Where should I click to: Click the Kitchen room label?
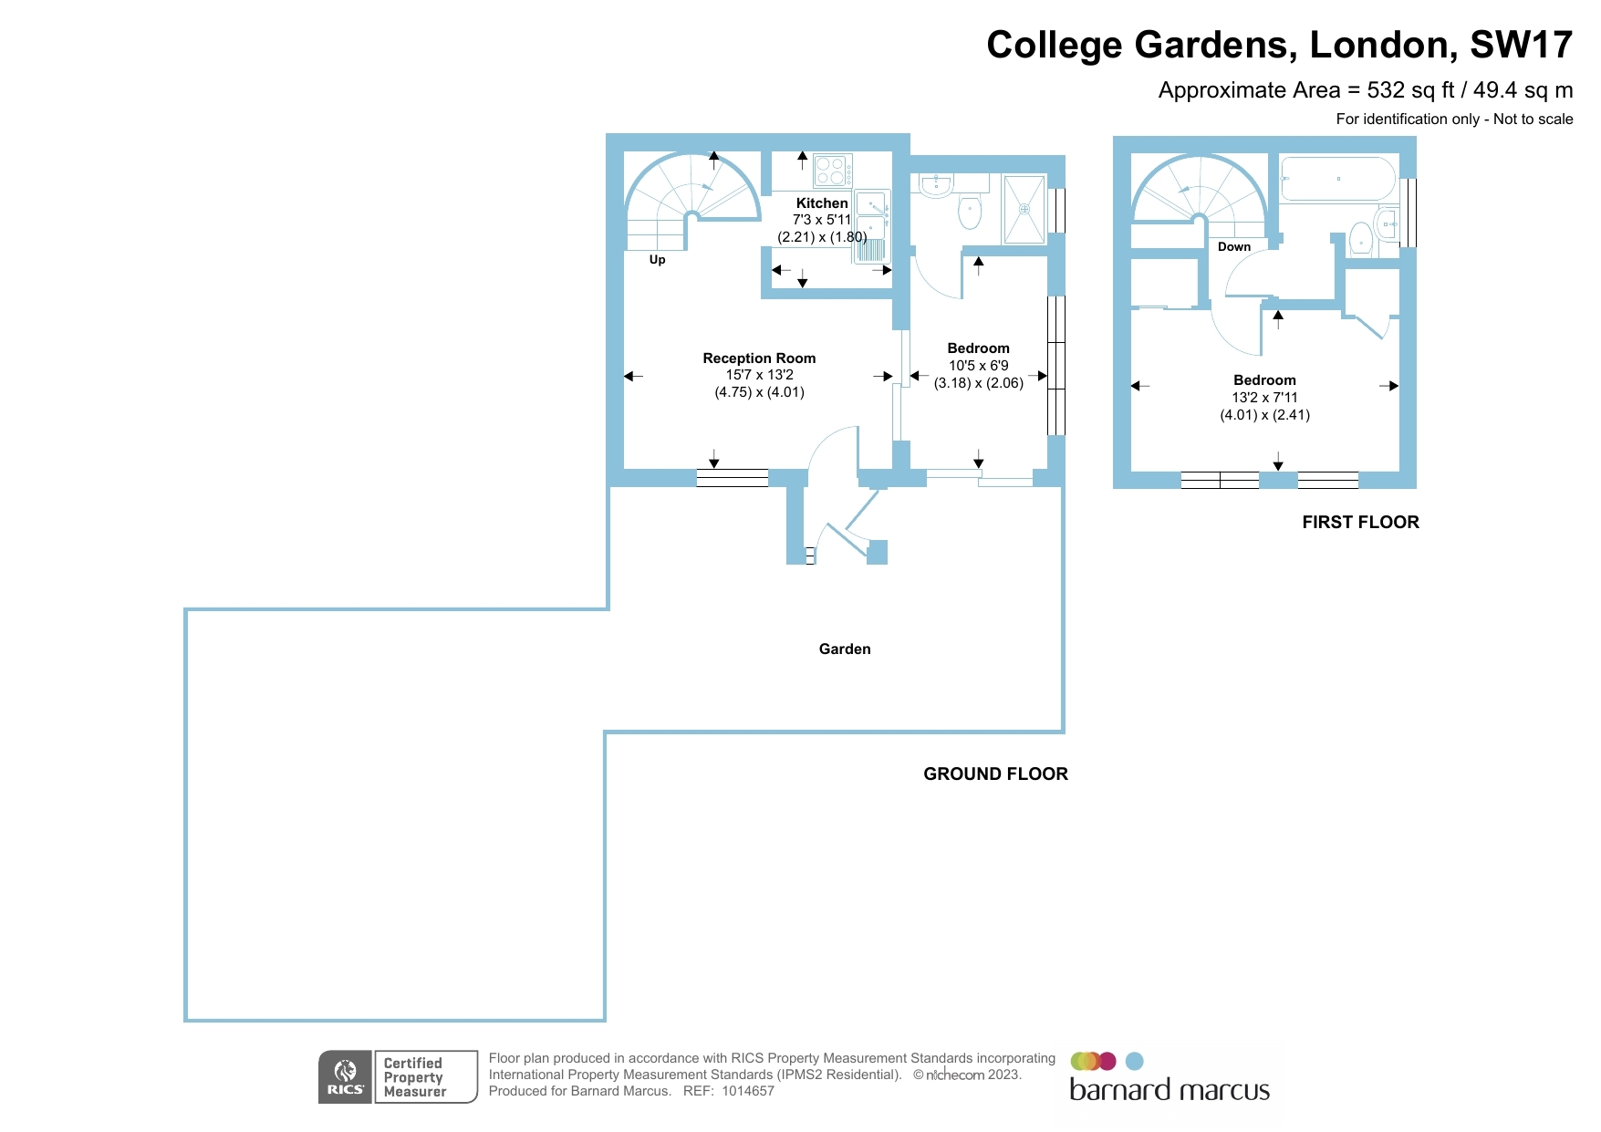pos(821,203)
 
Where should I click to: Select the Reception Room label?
pos(759,358)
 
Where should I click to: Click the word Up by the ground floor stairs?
pos(657,260)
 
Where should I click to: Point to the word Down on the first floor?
pos(1233,247)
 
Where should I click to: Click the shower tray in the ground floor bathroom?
pos(1024,210)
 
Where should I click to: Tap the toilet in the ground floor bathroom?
pos(969,213)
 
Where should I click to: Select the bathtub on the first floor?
pos(1337,179)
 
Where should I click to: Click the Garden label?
pos(844,649)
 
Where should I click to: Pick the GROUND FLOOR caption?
pos(995,774)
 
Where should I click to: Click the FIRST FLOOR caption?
pos(1360,523)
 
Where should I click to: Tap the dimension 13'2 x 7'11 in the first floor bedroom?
pos(1264,398)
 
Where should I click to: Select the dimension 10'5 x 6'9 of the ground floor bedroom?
pos(978,366)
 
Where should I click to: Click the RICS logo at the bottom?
pos(345,1077)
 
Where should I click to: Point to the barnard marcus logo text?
pos(1169,1091)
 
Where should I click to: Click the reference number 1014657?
pos(747,1091)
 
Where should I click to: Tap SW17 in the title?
pos(1521,45)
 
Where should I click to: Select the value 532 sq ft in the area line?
pos(1410,90)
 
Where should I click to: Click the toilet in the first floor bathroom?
pos(1360,238)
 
